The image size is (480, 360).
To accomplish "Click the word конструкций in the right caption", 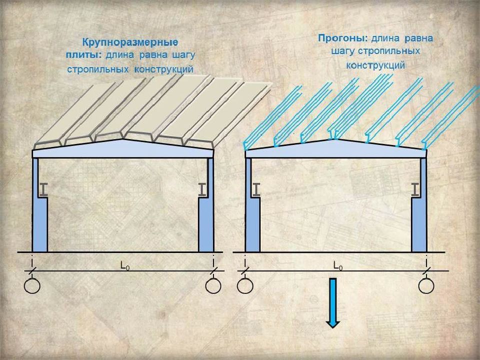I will tap(375, 65).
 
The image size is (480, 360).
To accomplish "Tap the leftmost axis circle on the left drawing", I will tap(32, 286).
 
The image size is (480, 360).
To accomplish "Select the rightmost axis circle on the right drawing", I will tap(426, 286).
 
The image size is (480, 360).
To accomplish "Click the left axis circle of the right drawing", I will tap(245, 286).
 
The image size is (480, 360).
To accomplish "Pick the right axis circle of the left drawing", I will tap(213, 286).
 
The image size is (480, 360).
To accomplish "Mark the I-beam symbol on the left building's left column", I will tap(44, 189).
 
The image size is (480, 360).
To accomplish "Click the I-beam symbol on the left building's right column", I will tap(202, 189).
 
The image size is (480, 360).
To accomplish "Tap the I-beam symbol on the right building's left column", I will tap(256, 189).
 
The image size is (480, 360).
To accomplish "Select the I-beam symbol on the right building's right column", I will tap(415, 189).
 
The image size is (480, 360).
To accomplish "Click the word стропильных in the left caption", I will tap(97, 68).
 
